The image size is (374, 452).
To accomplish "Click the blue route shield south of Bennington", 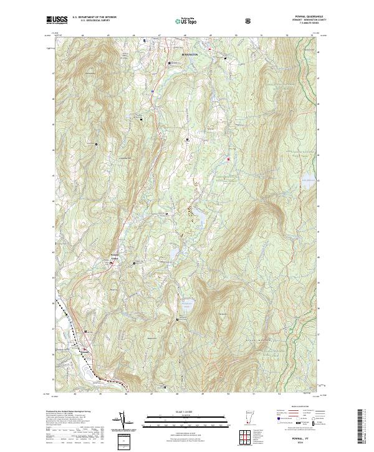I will (x=151, y=91).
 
